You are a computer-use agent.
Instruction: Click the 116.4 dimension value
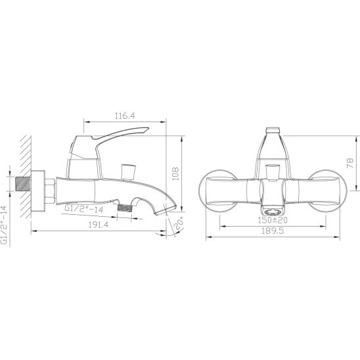pyautogui.click(x=125, y=116)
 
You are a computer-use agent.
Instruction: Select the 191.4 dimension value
pyautogui.click(x=99, y=225)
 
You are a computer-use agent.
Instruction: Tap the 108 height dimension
pyautogui.click(x=175, y=173)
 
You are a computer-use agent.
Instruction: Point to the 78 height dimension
pyautogui.click(x=351, y=163)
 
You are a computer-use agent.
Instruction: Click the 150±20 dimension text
pyautogui.click(x=273, y=220)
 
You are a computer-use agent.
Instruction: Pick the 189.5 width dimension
pyautogui.click(x=273, y=231)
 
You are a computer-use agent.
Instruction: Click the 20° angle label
pyautogui.click(x=179, y=223)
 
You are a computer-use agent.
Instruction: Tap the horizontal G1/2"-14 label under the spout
pyautogui.click(x=84, y=209)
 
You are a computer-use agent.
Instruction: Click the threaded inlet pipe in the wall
pyautogui.click(x=23, y=184)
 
